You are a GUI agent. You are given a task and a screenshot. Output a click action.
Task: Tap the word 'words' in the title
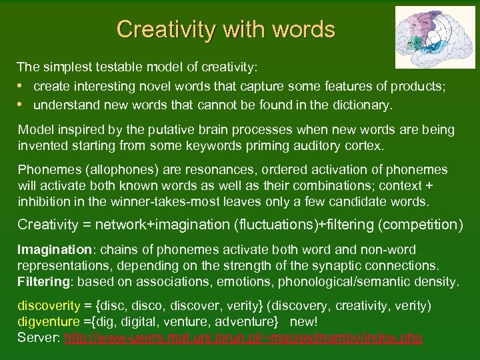click(x=303, y=29)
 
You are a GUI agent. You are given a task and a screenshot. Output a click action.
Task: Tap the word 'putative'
click(x=181, y=129)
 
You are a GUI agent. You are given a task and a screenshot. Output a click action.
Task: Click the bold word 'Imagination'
click(x=54, y=250)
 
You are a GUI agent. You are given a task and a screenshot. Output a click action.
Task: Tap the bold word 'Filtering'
click(x=43, y=281)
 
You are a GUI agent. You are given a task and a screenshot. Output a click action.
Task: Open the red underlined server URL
click(x=243, y=338)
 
